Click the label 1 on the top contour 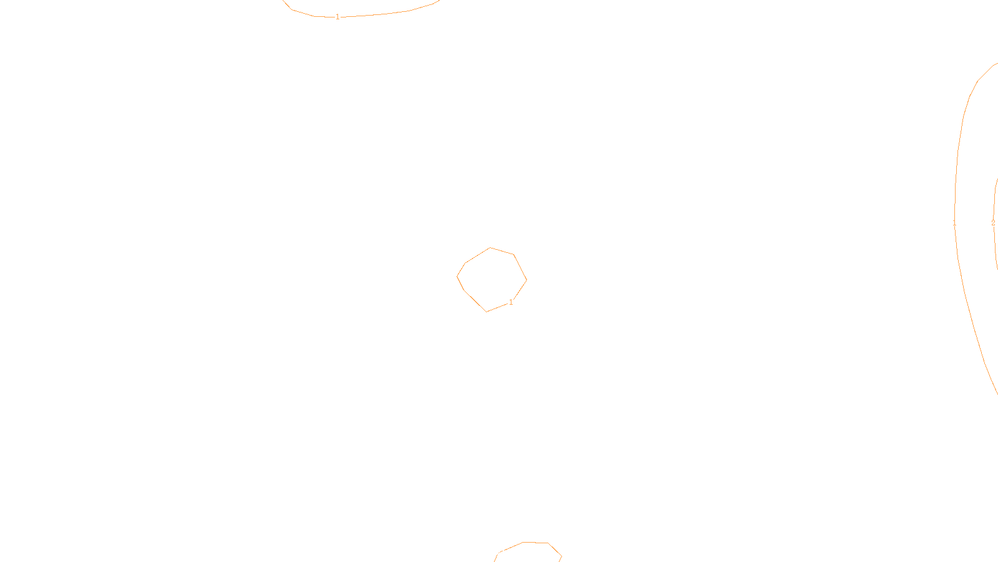[337, 17]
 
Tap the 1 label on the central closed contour [511, 302]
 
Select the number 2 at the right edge [993, 223]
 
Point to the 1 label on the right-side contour [954, 223]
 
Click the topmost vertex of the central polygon [490, 248]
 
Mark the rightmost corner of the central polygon [526, 280]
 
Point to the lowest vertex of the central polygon [487, 312]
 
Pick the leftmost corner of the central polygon [457, 276]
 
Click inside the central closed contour [492, 279]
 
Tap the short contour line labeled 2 [994, 200]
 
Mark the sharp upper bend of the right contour [977, 82]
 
